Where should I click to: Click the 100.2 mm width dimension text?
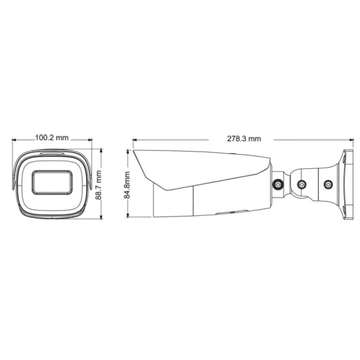click(x=51, y=138)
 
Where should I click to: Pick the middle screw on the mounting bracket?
click(x=302, y=184)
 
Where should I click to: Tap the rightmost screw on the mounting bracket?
click(x=328, y=183)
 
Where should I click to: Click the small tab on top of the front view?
click(x=52, y=153)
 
